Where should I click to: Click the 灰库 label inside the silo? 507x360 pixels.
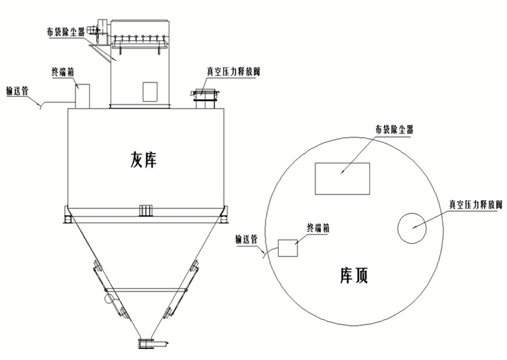(144, 160)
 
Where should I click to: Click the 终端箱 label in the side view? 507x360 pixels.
(64, 71)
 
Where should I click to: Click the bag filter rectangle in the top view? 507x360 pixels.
(342, 179)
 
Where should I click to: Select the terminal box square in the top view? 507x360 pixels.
(286, 248)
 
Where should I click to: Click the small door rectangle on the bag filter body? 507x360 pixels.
(150, 90)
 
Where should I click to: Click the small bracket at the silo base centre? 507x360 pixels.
(145, 210)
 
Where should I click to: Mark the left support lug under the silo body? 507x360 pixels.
(66, 216)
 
